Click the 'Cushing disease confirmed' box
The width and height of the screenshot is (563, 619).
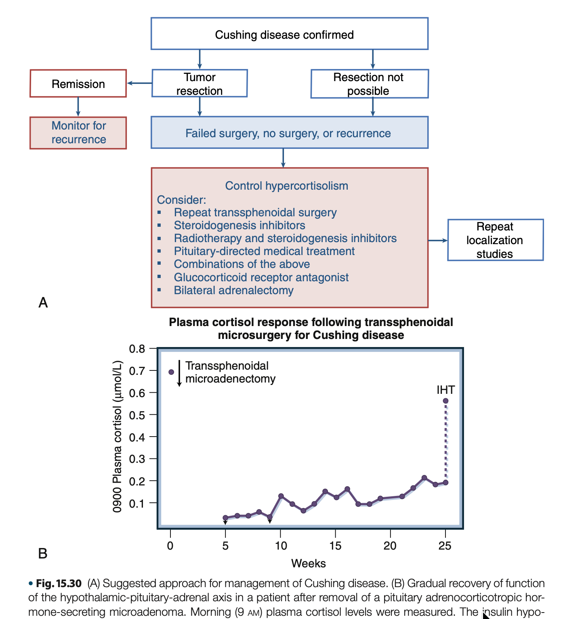289,34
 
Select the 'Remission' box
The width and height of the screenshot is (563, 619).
78,84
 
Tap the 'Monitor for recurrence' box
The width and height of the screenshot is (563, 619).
78,133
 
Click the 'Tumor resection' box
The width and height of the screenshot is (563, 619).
200,84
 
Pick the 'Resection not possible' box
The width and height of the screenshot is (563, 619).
369,84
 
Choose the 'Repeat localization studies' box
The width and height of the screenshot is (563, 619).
495,240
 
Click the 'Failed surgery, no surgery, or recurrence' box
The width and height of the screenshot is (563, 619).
289,133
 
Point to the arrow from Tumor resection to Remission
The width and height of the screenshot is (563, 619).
139,84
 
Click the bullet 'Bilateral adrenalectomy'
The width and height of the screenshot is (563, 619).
233,291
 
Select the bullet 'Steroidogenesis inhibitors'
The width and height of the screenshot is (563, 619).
239,225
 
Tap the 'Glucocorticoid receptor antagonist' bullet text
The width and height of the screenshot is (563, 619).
261,278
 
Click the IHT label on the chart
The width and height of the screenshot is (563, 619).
445,390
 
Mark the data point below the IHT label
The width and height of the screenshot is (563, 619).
445,401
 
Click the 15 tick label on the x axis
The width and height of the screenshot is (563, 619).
335,546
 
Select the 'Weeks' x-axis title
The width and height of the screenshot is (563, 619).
309,563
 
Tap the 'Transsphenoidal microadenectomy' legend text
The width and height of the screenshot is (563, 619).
230,372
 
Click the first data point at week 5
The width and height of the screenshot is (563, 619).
225,518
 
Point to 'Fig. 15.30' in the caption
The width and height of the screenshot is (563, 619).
59,583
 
